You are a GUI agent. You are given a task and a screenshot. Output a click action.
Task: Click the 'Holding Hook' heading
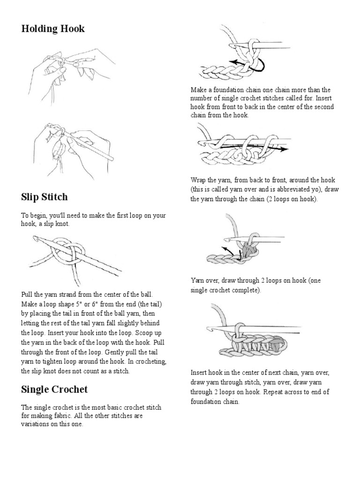(53, 29)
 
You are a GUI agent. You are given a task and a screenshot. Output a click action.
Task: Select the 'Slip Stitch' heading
(45, 197)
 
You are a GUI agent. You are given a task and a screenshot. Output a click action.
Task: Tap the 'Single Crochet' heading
(54, 389)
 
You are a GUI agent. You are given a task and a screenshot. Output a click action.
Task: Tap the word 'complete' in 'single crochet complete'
(245, 290)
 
